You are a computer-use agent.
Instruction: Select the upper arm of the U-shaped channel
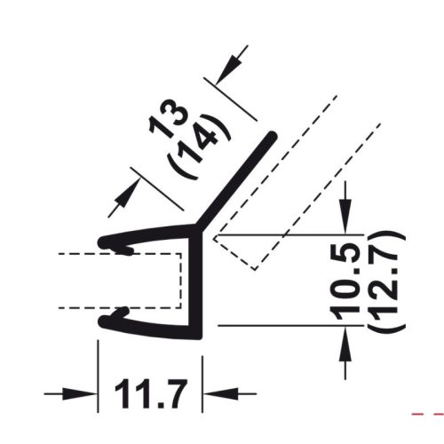point(147,236)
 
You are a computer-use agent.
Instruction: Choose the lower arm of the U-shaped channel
point(147,325)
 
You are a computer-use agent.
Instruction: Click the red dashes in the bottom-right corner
point(430,414)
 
